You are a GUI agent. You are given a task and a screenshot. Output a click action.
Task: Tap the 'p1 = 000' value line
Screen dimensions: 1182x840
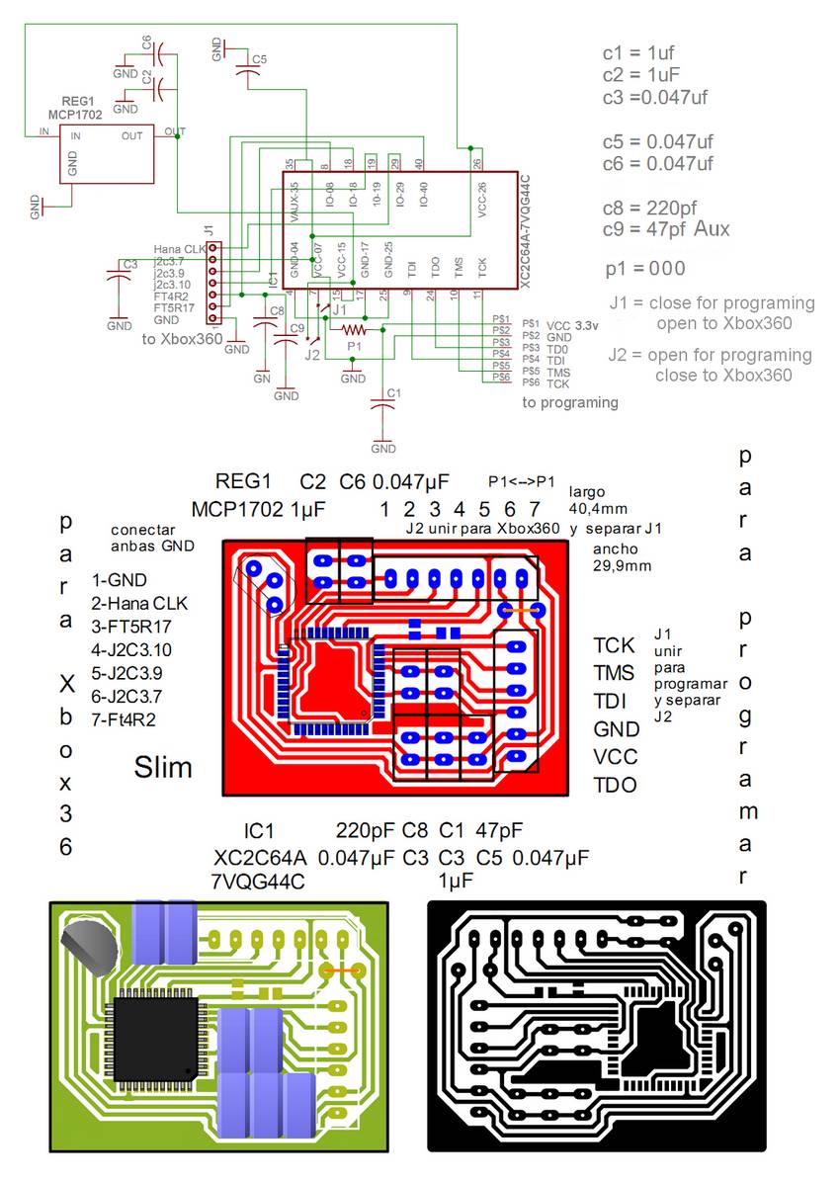645,269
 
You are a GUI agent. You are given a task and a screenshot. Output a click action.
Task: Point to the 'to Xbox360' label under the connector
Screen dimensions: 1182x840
182,338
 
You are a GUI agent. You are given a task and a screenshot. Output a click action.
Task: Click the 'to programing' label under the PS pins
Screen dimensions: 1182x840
570,402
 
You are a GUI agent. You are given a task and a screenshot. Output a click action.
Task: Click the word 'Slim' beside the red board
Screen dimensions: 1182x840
163,766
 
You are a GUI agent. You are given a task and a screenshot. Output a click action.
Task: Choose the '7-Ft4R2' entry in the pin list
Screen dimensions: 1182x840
123,718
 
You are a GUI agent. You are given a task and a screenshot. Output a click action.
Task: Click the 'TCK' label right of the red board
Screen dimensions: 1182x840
615,645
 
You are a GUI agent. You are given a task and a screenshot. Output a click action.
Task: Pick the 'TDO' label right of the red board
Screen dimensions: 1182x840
615,786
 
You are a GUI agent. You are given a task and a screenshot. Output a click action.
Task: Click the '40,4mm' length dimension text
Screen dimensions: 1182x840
599,510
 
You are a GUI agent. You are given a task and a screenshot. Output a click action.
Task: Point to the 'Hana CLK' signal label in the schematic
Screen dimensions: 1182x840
179,249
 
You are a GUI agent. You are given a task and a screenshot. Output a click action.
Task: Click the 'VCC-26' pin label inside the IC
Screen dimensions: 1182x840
481,200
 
